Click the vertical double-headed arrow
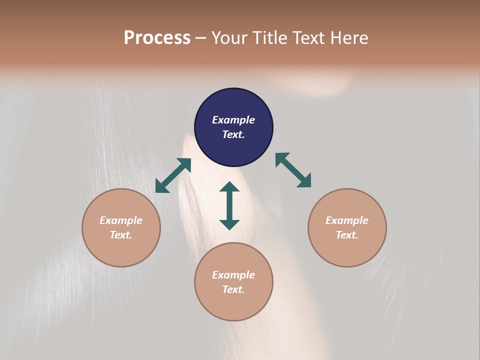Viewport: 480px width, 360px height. click(229, 205)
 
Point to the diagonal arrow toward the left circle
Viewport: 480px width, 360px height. click(173, 175)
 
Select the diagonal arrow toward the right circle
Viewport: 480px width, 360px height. click(293, 170)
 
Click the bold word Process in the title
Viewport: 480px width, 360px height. click(157, 37)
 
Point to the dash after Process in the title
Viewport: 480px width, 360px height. click(200, 38)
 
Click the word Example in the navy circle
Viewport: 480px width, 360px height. click(233, 120)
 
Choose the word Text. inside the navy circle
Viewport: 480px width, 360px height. click(233, 134)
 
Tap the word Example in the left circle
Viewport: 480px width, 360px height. click(121, 220)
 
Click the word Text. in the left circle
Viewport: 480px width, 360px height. click(121, 235)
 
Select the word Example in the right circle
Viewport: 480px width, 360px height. click(347, 220)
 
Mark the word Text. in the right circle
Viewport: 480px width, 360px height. click(347, 235)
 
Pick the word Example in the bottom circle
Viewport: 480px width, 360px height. click(233, 275)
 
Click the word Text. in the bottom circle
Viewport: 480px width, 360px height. click(233, 289)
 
